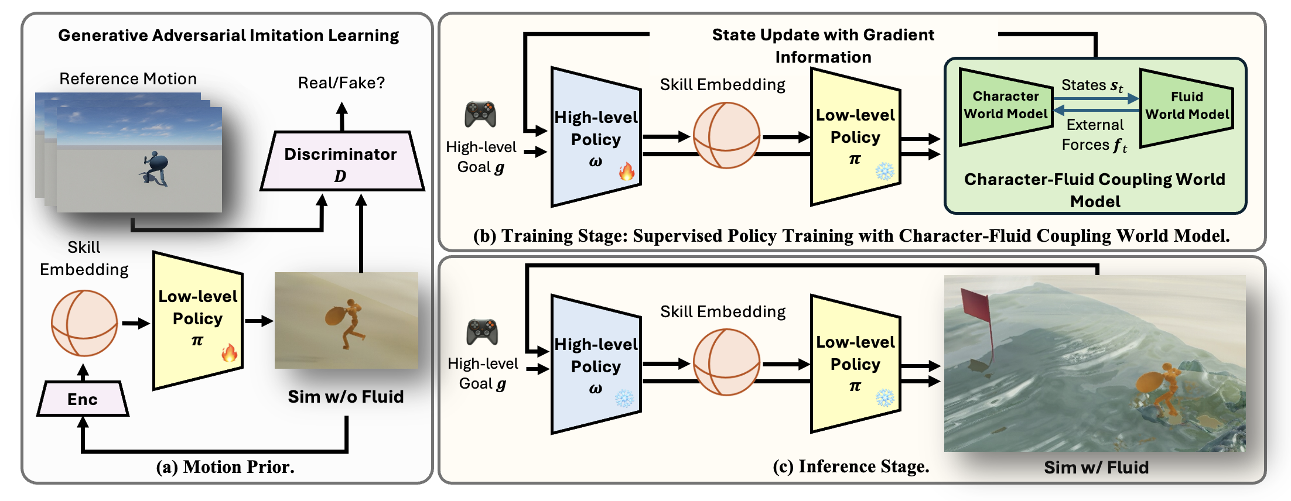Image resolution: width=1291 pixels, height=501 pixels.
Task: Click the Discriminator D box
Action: pos(342,162)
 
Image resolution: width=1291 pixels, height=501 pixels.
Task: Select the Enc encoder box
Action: pos(83,399)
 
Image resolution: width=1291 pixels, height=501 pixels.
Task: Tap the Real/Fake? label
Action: pos(341,83)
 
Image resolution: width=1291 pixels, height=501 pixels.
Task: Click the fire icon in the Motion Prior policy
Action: pos(229,352)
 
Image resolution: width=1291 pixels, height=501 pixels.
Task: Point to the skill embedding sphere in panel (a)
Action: pos(84,323)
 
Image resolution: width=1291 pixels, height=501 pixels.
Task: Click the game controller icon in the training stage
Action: pos(480,114)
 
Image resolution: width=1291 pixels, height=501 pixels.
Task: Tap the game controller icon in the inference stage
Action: pos(482,332)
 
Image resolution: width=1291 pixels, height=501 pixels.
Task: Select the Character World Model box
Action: pos(1005,105)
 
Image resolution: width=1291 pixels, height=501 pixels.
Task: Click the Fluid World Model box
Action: pos(1187,106)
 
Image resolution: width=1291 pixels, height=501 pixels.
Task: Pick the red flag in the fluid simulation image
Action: pos(976,307)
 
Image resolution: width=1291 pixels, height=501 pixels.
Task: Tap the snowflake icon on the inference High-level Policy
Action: pos(624,399)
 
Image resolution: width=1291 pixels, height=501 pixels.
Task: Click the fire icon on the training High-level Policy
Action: pos(627,171)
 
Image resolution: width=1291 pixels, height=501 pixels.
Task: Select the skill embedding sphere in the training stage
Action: pos(726,136)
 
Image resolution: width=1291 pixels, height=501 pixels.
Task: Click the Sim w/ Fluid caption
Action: pos(1096,467)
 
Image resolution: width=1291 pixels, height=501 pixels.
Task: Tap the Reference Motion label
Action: pos(128,78)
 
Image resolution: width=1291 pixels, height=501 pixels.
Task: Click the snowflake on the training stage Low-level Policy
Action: pos(884,171)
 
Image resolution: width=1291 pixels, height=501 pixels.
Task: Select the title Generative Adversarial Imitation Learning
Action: pos(228,35)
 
